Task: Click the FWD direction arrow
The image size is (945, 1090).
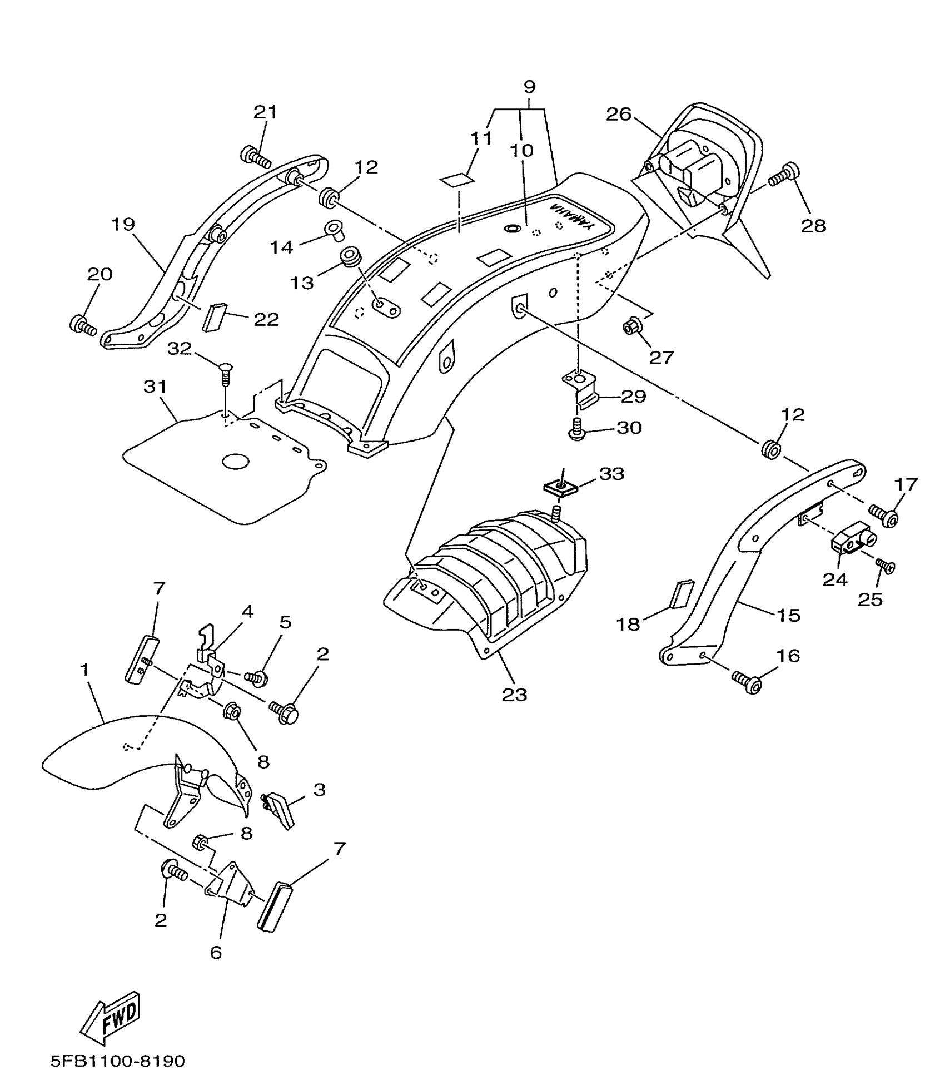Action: [x=111, y=1017]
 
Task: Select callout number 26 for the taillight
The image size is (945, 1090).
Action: [x=619, y=115]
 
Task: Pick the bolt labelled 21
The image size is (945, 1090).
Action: [x=255, y=156]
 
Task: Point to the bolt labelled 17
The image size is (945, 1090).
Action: [x=883, y=516]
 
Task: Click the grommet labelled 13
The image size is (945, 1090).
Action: [x=351, y=257]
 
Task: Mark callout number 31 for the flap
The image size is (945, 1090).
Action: [x=155, y=386]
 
